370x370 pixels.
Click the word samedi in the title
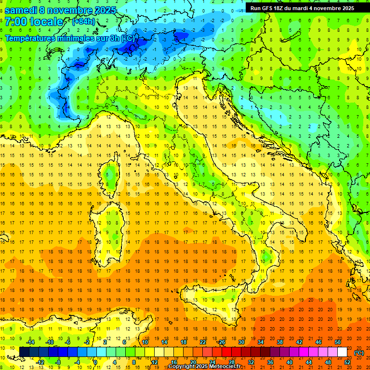(x=21, y=10)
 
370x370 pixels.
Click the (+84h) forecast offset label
(x=83, y=22)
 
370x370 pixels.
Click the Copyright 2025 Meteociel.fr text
(x=208, y=367)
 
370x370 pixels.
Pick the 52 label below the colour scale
(x=347, y=362)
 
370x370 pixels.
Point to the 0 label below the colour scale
(x=95, y=362)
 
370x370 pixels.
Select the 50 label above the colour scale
(x=337, y=342)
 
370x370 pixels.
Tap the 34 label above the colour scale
(x=260, y=342)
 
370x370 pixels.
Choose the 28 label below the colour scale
(x=231, y=362)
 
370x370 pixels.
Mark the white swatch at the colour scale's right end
(x=342, y=352)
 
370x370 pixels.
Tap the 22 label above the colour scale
(x=202, y=342)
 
